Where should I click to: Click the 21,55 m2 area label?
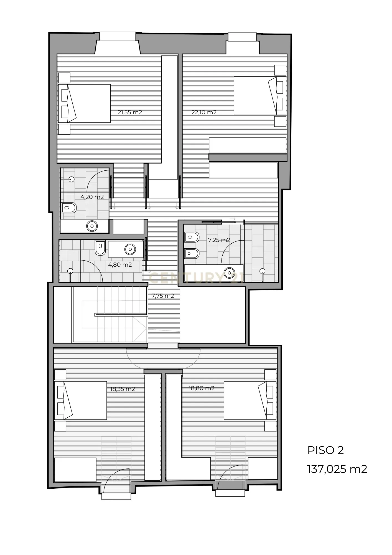130,112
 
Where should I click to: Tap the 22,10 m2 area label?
204,112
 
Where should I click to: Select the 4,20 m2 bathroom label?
92,197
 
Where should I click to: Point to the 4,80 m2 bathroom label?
120,265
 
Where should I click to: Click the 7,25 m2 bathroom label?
219,240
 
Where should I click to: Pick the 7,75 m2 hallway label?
163,296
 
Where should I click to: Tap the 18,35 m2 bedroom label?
123,389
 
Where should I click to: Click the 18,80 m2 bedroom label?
202,388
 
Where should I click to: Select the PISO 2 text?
325,450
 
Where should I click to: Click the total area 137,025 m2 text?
337,469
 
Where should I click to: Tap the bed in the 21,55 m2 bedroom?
85,104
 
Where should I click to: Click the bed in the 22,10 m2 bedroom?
260,96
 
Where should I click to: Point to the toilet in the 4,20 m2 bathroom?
69,208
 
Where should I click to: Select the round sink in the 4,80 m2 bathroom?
130,249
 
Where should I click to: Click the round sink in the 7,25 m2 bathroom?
229,273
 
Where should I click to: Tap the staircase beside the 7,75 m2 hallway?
110,315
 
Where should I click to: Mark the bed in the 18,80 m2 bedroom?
250,400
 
